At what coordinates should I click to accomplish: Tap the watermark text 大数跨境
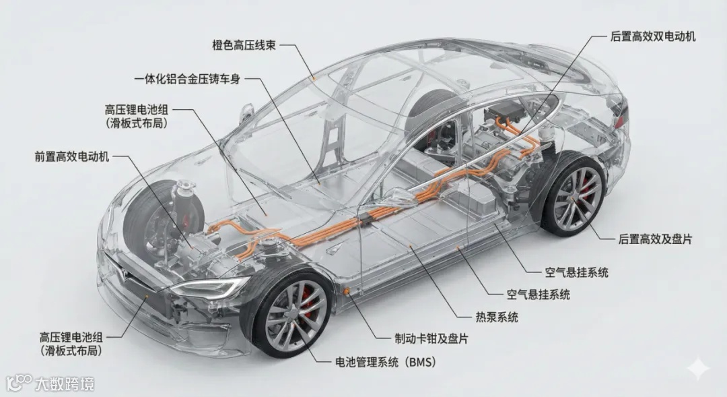[66, 384]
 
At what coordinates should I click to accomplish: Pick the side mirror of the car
[247, 111]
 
